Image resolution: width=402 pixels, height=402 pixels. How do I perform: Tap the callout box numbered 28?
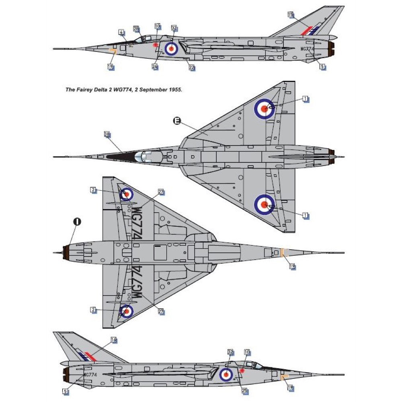pyautogui.click(x=136, y=29)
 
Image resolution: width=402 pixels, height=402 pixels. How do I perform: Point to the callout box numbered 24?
pyautogui.click(x=155, y=66)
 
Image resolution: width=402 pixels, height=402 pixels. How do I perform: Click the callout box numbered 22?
pyautogui.click(x=192, y=68)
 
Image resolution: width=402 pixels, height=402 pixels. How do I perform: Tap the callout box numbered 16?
pyautogui.click(x=113, y=340)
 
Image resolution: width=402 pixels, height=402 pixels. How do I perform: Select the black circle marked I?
pyautogui.click(x=77, y=221)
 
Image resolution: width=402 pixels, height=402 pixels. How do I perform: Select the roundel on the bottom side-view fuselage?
pyautogui.click(x=226, y=375)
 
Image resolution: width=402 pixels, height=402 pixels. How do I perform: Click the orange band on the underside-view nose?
pyautogui.click(x=283, y=253)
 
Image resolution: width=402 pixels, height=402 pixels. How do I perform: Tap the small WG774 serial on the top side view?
pyautogui.click(x=307, y=49)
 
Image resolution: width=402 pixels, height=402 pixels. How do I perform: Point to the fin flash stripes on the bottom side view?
pyautogui.click(x=86, y=356)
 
